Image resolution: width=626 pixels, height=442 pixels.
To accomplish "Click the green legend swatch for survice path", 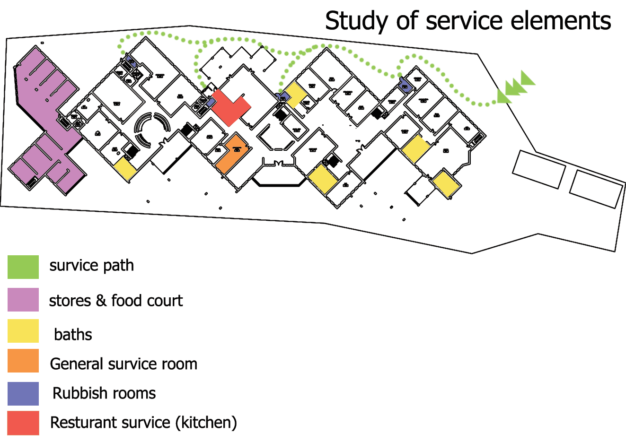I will [x=23, y=267].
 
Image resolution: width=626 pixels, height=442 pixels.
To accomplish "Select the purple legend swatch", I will [x=23, y=300].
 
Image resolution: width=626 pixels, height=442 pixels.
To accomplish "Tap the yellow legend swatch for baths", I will [x=23, y=331].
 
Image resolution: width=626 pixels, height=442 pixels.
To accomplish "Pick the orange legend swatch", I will [x=23, y=361].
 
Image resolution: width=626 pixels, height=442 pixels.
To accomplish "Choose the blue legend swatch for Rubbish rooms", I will [x=23, y=394].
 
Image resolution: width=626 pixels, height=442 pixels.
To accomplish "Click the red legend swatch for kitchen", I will [x=23, y=423].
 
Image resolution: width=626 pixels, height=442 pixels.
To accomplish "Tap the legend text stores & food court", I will [x=115, y=301].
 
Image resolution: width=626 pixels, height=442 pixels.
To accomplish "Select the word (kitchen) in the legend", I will [x=206, y=423].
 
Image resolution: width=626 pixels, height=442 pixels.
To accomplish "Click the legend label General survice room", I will [x=123, y=364].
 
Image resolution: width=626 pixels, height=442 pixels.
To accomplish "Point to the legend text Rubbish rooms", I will [x=104, y=393].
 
